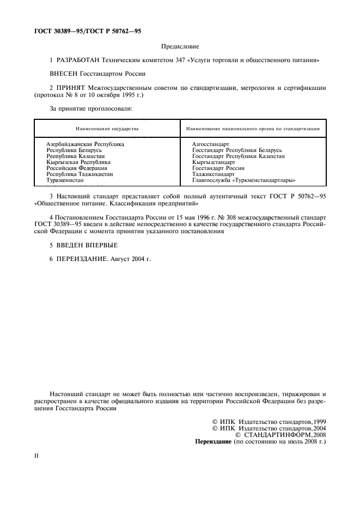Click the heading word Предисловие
tap(180, 47)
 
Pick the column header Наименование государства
tap(107, 129)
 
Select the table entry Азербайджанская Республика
tap(85, 144)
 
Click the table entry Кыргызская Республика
tap(78, 162)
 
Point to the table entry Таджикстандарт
tap(213, 174)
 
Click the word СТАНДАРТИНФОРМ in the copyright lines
tap(277, 435)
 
